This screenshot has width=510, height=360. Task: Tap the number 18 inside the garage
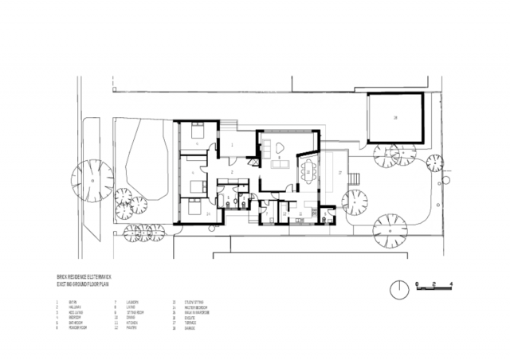pos(394,118)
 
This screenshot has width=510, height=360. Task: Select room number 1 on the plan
pos(231,146)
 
